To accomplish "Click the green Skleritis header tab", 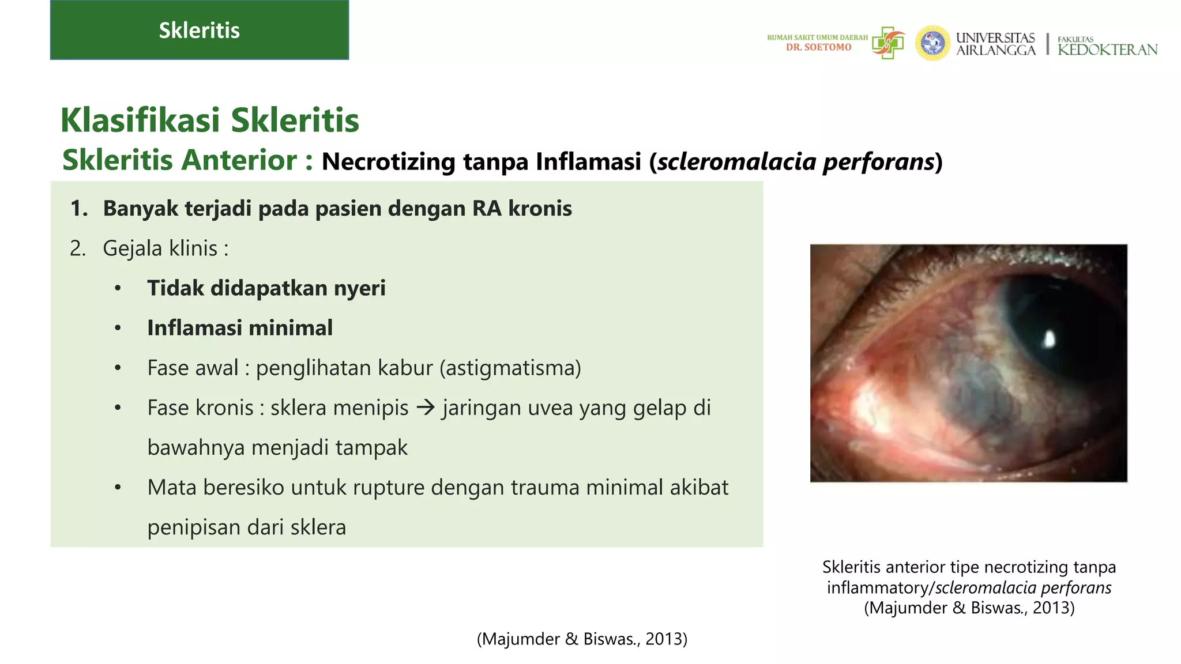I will click(199, 30).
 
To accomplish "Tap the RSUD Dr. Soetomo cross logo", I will click(888, 42).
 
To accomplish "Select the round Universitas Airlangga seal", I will click(932, 43).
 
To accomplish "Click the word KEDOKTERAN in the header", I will click(1107, 50).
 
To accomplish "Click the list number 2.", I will click(77, 248).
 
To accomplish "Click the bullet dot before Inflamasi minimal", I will click(118, 329).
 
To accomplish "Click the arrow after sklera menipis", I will click(426, 408).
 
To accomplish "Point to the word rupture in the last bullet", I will click(388, 488).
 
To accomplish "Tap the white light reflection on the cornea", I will click(1050, 339).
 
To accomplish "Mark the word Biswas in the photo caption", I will click(997, 608).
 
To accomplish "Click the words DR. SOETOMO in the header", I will click(818, 47).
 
